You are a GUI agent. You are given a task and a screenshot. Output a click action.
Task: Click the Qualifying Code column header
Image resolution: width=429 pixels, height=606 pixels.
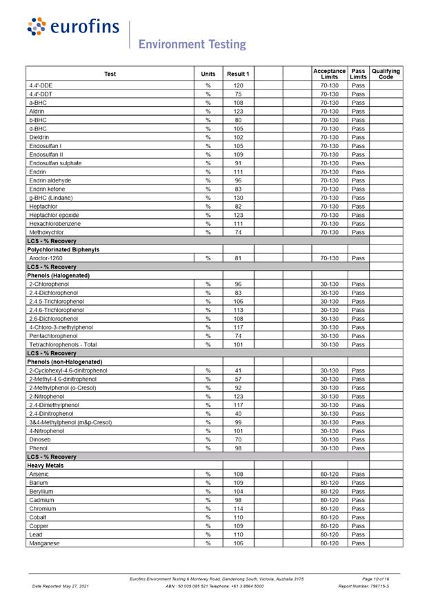point(386,74)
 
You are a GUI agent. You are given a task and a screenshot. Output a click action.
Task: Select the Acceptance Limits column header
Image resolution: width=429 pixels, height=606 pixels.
point(329,74)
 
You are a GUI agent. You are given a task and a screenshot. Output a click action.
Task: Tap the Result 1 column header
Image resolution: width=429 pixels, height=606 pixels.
point(238,74)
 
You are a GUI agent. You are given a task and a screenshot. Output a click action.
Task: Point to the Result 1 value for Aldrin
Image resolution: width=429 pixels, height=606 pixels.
point(238,112)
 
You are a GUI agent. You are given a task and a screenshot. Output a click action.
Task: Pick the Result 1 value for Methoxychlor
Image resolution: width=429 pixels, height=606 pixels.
point(238,232)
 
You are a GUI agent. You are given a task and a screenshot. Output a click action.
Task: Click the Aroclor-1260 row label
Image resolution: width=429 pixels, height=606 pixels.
point(46,258)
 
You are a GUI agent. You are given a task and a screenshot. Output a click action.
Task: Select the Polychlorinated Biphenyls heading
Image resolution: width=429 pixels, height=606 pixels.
point(63,249)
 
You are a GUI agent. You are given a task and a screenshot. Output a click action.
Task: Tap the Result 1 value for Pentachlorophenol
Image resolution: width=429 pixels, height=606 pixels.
point(238,336)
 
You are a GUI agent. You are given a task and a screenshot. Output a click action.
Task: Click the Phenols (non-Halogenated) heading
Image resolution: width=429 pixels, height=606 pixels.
point(64,362)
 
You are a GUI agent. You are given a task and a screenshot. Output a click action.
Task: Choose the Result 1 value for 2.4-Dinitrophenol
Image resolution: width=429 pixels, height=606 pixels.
point(238,414)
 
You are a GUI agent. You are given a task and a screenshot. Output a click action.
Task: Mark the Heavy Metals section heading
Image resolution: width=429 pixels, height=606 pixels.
point(46,466)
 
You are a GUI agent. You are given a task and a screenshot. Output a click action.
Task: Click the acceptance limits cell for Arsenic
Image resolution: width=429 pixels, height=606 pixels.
point(329,474)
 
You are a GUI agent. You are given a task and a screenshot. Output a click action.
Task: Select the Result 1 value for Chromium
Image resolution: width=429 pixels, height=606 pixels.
point(238,509)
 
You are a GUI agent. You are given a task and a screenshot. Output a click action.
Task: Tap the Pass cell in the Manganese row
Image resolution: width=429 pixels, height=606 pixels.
point(358,543)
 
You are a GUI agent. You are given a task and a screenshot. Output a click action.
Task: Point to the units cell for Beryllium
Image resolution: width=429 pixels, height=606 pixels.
point(208,492)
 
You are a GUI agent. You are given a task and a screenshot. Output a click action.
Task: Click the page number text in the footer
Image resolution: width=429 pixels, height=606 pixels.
point(375,579)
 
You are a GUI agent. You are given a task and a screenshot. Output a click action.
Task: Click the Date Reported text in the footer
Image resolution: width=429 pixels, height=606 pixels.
point(61,586)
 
